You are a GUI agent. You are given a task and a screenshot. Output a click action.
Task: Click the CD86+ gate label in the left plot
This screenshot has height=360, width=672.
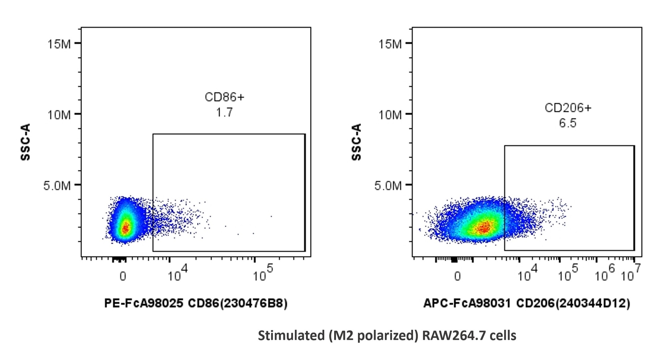(224, 97)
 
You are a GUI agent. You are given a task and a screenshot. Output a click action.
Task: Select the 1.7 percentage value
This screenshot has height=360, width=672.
(224, 112)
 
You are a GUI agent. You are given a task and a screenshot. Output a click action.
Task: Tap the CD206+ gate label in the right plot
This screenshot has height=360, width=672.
(568, 108)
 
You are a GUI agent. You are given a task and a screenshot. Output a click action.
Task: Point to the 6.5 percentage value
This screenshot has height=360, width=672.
(568, 123)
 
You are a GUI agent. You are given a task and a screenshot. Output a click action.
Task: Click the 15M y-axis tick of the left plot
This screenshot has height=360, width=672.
(59, 44)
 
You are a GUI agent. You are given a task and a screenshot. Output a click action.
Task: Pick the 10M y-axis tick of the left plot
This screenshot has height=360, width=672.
(59, 115)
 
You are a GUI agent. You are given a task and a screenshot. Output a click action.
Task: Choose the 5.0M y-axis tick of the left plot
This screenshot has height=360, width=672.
(57, 186)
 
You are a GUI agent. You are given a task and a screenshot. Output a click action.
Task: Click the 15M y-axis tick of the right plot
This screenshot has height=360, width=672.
(390, 44)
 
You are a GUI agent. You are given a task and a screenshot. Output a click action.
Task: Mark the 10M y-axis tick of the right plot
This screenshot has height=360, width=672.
(390, 115)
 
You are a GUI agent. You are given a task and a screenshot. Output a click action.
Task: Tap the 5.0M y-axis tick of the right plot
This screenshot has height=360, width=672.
(388, 186)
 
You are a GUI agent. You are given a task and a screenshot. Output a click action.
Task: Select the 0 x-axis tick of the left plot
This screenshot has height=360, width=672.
(123, 276)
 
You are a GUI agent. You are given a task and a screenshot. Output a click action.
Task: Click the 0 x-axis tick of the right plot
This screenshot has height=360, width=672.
(457, 276)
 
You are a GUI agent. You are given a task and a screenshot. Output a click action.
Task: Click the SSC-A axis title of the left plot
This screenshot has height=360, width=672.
(25, 142)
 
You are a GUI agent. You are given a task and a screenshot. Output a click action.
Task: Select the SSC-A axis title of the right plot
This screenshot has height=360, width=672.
(356, 142)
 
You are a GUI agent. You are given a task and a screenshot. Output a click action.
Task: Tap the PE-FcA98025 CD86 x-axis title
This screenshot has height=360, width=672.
(196, 303)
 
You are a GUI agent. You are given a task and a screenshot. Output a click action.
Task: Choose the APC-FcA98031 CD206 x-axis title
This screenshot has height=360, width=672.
(527, 303)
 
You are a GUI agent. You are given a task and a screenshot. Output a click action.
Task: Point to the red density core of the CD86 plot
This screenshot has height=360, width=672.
(125, 228)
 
